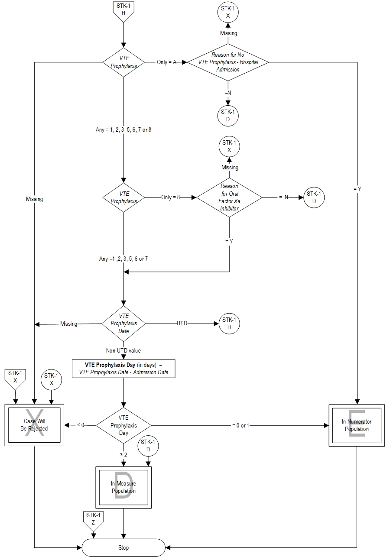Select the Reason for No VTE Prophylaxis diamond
click(228, 62)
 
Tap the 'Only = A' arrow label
click(167, 62)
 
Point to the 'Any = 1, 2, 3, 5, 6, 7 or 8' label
click(123, 130)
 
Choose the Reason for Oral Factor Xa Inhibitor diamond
click(229, 198)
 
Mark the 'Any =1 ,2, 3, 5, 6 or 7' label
click(123, 259)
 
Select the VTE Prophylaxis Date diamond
click(123, 324)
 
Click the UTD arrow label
click(182, 324)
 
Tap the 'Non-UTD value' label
click(123, 350)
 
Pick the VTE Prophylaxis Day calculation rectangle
click(123, 369)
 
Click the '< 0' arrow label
click(81, 425)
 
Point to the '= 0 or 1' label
click(240, 425)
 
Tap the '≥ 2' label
click(123, 454)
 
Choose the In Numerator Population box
click(357, 425)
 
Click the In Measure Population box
click(123, 488)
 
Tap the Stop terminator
click(123, 547)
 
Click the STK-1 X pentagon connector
click(15, 378)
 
